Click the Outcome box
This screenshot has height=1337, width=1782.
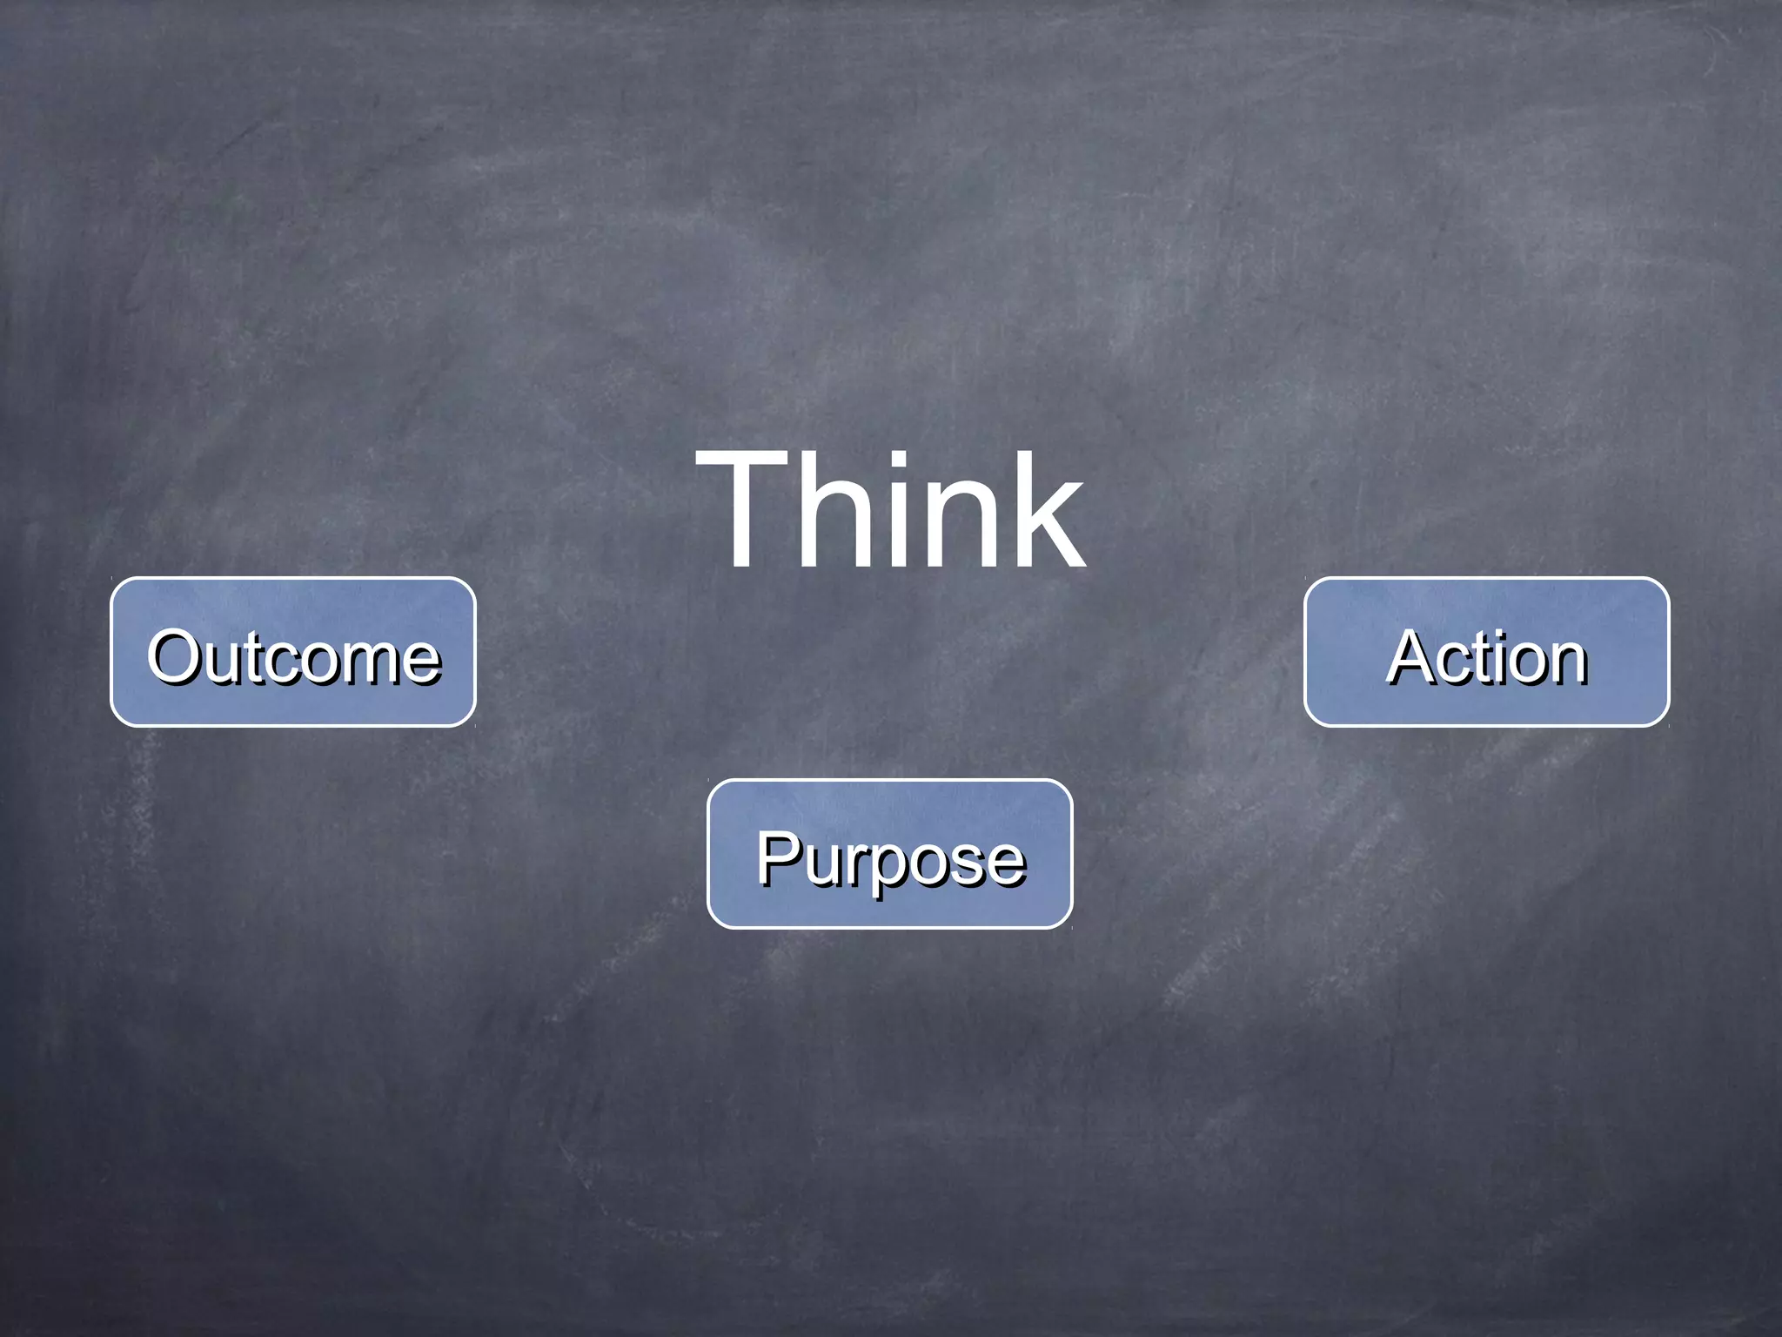point(293,651)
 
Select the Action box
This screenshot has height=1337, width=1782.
point(1486,651)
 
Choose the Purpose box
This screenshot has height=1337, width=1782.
point(889,853)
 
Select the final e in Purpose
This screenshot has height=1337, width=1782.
point(1007,863)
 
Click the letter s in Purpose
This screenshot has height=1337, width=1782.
point(969,863)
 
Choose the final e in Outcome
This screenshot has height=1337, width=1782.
point(424,663)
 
